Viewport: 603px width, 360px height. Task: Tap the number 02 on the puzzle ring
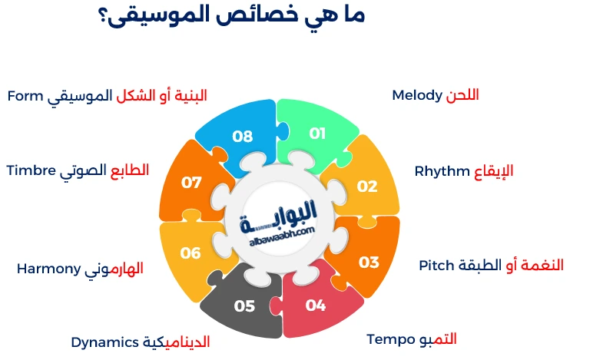coord(367,186)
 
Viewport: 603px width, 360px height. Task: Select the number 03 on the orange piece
coord(369,262)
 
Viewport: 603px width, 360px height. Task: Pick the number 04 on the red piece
coord(316,305)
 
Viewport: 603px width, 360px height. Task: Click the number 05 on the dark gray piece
coord(244,306)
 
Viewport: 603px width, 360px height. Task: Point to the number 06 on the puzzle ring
coord(191,253)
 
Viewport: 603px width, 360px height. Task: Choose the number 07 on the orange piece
coord(191,182)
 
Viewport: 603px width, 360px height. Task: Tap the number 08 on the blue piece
coord(243,136)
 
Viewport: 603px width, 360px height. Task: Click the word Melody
coord(417,95)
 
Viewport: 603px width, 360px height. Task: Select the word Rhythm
coord(442,171)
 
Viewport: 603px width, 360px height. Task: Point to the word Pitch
coord(436,265)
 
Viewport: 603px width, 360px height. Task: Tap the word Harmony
coord(49,269)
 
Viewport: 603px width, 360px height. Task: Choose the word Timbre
coord(32,170)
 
